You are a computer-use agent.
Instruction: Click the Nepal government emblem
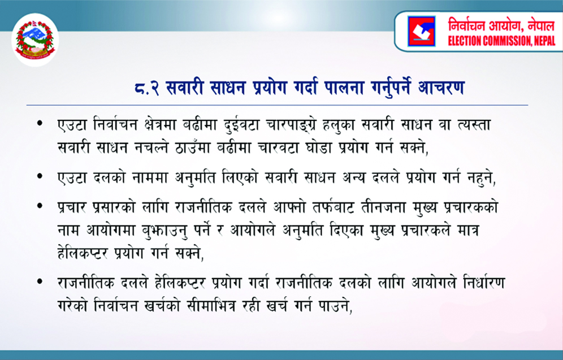pos(35,40)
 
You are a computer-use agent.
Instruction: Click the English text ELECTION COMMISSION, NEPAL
pos(501,41)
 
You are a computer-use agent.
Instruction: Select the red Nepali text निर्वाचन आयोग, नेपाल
pos(501,24)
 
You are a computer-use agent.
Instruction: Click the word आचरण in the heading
pos(441,88)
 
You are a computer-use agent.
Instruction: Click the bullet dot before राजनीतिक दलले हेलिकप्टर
pos(40,282)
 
